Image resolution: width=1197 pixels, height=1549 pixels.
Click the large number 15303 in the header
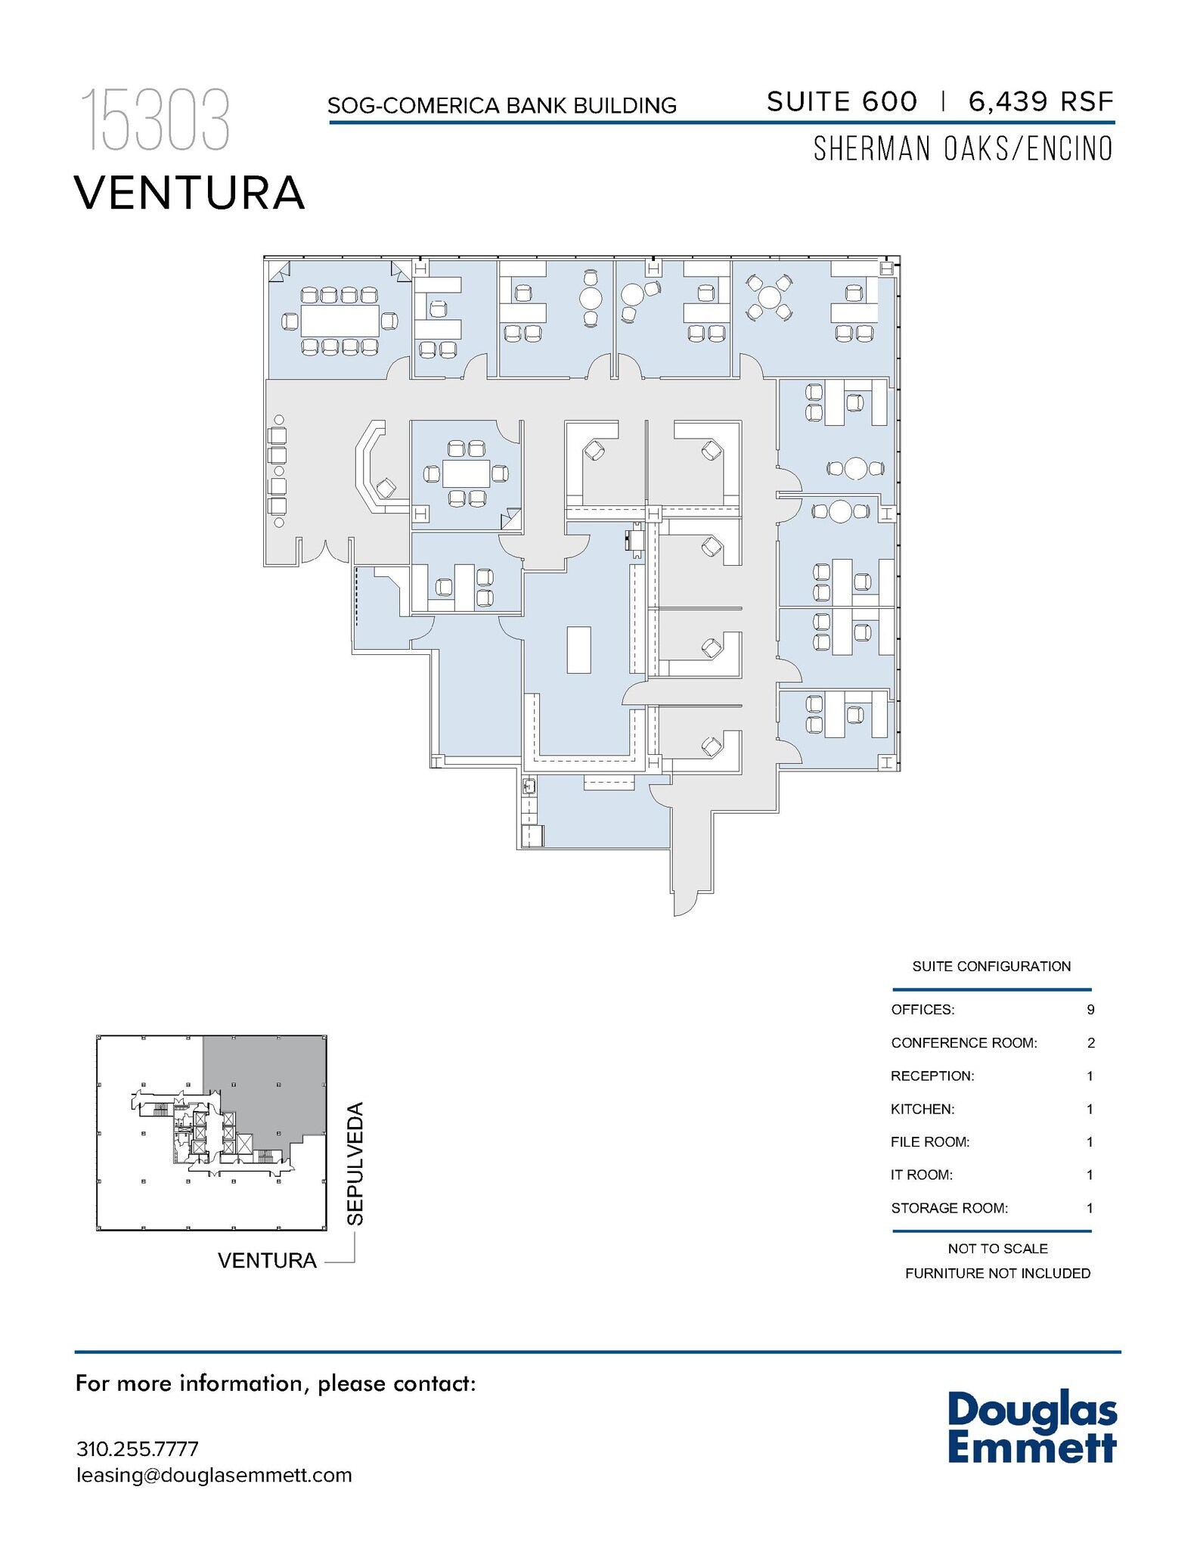pyautogui.click(x=155, y=120)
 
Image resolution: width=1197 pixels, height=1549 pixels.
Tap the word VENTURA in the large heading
pyautogui.click(x=189, y=193)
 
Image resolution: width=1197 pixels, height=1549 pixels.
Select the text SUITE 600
pyautogui.click(x=842, y=101)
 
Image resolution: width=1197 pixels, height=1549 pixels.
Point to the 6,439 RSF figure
pyautogui.click(x=1041, y=101)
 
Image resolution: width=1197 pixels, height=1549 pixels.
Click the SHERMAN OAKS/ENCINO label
pyautogui.click(x=963, y=149)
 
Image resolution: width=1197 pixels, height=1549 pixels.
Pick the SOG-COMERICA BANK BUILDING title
pyautogui.click(x=501, y=106)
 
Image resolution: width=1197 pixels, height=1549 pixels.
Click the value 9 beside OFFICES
pyautogui.click(x=1090, y=1010)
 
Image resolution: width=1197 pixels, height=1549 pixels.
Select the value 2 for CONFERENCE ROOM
pyautogui.click(x=1090, y=1043)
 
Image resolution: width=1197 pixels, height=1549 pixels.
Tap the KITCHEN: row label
pyautogui.click(x=923, y=1110)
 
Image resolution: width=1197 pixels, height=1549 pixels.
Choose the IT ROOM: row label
pyautogui.click(x=921, y=1175)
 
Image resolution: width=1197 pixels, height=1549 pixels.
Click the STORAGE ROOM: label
pyautogui.click(x=949, y=1208)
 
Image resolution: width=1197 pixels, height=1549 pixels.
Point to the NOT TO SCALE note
pyautogui.click(x=997, y=1249)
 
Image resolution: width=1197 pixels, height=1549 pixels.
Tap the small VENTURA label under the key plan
pyautogui.click(x=267, y=1261)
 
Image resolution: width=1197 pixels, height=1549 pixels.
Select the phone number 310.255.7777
pyautogui.click(x=137, y=1449)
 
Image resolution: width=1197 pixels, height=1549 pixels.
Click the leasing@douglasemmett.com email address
pyautogui.click(x=214, y=1475)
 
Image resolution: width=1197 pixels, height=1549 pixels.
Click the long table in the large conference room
pyautogui.click(x=340, y=321)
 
